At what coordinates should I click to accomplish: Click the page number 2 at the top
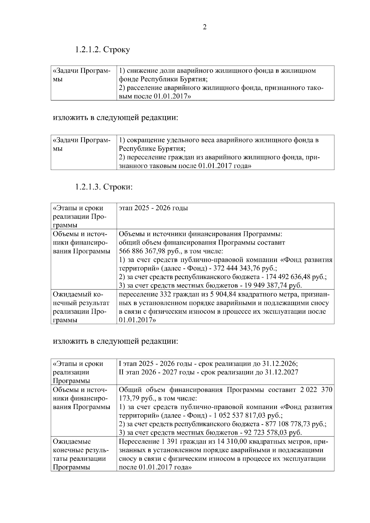pos(205,27)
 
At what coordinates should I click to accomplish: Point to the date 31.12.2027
pos(282,372)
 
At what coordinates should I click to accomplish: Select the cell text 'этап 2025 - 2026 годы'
pos(153,208)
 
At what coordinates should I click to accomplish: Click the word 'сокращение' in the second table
pos(145,140)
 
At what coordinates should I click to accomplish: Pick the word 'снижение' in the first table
pos(141,71)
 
